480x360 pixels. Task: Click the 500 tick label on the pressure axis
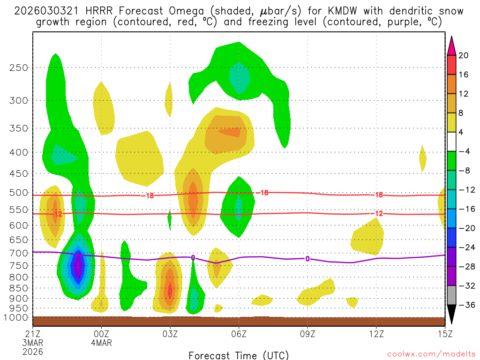(19, 192)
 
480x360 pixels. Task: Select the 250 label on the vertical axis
(19, 67)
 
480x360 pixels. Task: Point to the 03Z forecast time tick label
(170, 334)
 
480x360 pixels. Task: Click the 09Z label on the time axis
(307, 334)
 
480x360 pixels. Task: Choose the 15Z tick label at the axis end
(445, 334)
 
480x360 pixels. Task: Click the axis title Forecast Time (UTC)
(239, 355)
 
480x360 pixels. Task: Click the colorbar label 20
(463, 55)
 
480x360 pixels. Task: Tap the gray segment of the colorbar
(451, 295)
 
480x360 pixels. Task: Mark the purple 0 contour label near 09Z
(307, 259)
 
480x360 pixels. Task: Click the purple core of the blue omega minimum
(79, 266)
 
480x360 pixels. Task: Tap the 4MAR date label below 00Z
(102, 343)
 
